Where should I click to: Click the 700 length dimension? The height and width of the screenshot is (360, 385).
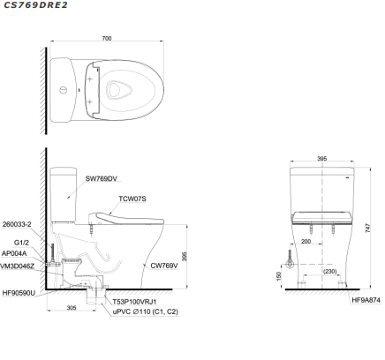point(107,40)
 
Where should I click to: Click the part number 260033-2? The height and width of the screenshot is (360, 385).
point(17,225)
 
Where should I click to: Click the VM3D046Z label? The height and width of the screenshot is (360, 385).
point(18,265)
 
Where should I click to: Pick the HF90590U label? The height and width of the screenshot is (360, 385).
point(19,292)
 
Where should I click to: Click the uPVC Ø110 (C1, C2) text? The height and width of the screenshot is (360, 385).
point(144,312)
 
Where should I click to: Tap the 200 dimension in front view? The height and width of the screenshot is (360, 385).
point(306,241)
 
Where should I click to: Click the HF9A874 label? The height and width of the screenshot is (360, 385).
point(365,300)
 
